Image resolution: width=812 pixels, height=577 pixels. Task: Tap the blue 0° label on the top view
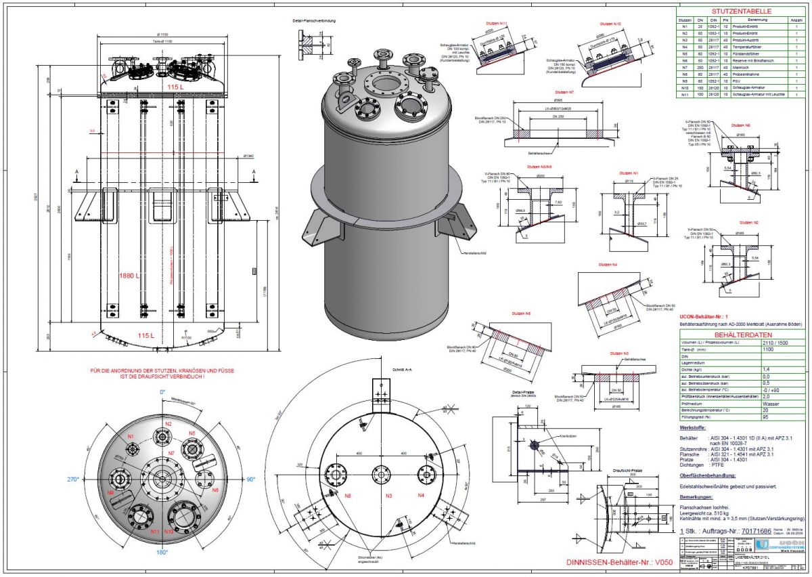click(x=162, y=392)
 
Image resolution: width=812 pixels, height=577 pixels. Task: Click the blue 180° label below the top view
click(x=162, y=553)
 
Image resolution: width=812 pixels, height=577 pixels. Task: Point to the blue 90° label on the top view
click(x=250, y=479)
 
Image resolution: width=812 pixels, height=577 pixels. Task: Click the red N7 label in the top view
click(x=171, y=452)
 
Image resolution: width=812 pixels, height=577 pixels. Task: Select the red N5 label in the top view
click(x=192, y=433)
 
